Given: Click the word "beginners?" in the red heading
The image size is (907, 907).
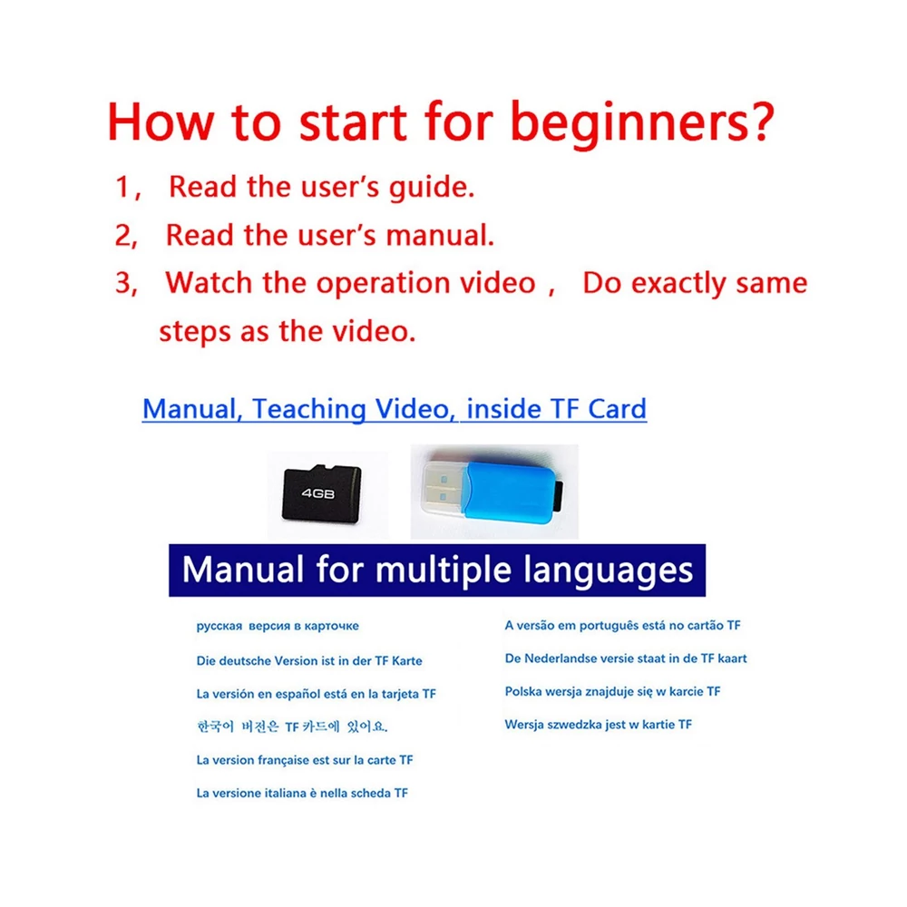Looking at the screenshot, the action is coord(642,122).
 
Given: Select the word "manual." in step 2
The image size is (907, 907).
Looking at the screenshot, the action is coord(440,236).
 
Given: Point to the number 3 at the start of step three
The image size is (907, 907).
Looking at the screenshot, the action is coord(123,283).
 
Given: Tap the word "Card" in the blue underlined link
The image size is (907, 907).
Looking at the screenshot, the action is coord(617,409).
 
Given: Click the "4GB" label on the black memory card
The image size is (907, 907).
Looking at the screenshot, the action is coord(318,493).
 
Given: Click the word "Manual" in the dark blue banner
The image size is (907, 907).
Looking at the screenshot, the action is coord(243,570).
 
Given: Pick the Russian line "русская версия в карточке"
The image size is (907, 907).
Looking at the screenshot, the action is coord(278,626).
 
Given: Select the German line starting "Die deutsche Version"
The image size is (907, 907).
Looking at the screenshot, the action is coord(309,660).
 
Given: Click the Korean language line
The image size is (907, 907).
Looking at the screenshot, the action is coord(292,727).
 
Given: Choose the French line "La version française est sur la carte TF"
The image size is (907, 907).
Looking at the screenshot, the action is coord(305,760).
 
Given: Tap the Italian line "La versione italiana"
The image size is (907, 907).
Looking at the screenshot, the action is coord(302,793).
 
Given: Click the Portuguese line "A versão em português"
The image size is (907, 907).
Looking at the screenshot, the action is coord(622,626).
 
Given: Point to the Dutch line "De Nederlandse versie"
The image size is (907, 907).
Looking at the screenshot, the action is coord(626,658).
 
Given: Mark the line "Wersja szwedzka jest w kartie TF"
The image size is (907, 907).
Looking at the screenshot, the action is coord(598,725).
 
